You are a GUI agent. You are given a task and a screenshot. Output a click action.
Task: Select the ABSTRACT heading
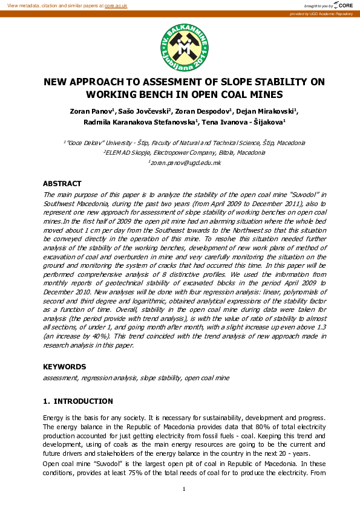(x=62, y=184)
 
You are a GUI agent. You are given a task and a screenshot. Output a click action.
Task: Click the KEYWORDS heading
(x=64, y=366)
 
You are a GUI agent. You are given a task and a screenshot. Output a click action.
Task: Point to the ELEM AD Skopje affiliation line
(x=185, y=153)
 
